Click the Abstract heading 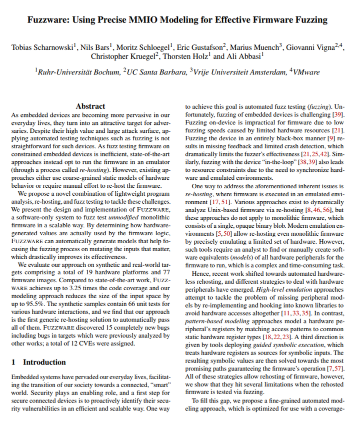pos(90,106)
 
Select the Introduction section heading pos(44,362)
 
